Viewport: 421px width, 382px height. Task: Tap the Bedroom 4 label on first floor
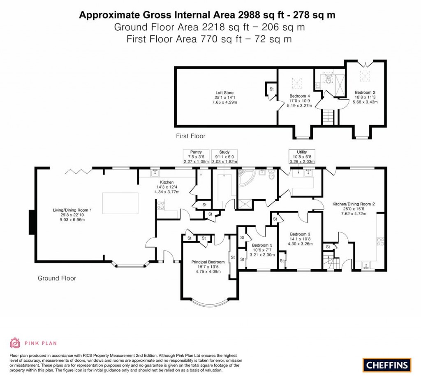coord(299,101)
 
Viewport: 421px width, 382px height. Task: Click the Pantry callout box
coord(196,156)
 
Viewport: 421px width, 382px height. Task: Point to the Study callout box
coord(224,156)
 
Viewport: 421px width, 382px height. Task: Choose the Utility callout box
coord(302,157)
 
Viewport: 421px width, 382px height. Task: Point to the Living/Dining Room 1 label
coord(72,214)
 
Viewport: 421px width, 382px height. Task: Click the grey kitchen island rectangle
coord(120,203)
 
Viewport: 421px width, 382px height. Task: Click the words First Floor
coord(190,136)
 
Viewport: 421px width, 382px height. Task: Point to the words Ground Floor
coord(57,278)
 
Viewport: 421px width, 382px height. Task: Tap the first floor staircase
coord(328,117)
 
